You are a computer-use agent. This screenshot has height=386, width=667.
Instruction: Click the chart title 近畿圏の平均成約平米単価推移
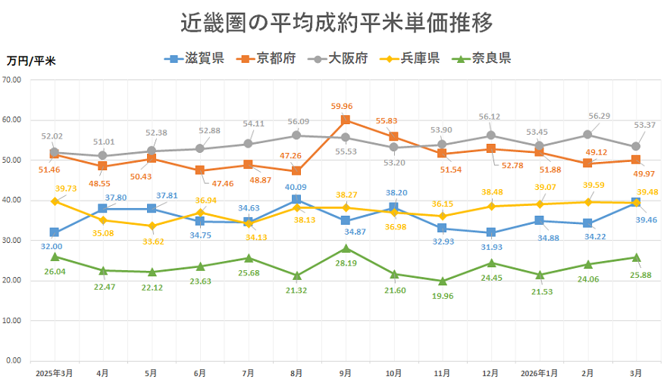[x=337, y=23]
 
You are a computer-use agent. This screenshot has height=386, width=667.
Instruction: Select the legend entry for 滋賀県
[x=193, y=58]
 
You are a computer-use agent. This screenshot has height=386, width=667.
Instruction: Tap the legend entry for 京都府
[x=266, y=58]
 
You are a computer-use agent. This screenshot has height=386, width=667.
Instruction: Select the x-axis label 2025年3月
[x=54, y=373]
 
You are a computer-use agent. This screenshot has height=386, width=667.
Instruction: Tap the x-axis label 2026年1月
[x=539, y=373]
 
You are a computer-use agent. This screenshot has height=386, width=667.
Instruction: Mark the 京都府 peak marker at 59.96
[x=345, y=120]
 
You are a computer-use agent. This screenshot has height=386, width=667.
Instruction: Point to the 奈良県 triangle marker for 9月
[x=345, y=248]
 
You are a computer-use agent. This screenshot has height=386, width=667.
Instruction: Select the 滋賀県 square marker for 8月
[x=296, y=200]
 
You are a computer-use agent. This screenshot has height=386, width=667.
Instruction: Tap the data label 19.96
[x=442, y=296]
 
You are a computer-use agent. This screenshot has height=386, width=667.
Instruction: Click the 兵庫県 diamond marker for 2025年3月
[x=54, y=201]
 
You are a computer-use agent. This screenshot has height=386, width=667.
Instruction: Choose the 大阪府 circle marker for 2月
[x=587, y=135]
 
